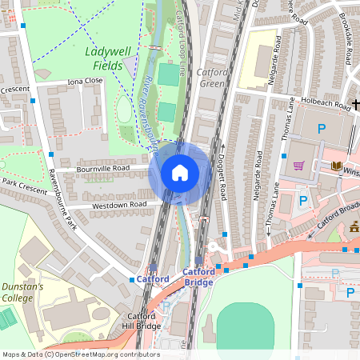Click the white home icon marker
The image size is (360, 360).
[x=180, y=173]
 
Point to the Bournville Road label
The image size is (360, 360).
[x=103, y=169]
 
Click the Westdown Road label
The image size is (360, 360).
[x=121, y=205]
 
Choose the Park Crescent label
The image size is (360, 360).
[x=26, y=182]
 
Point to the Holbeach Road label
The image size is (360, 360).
[x=321, y=101]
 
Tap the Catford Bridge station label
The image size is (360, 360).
[x=198, y=277]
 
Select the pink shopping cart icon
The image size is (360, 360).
[x=299, y=166]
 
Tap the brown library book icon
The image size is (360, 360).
[x=336, y=166]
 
